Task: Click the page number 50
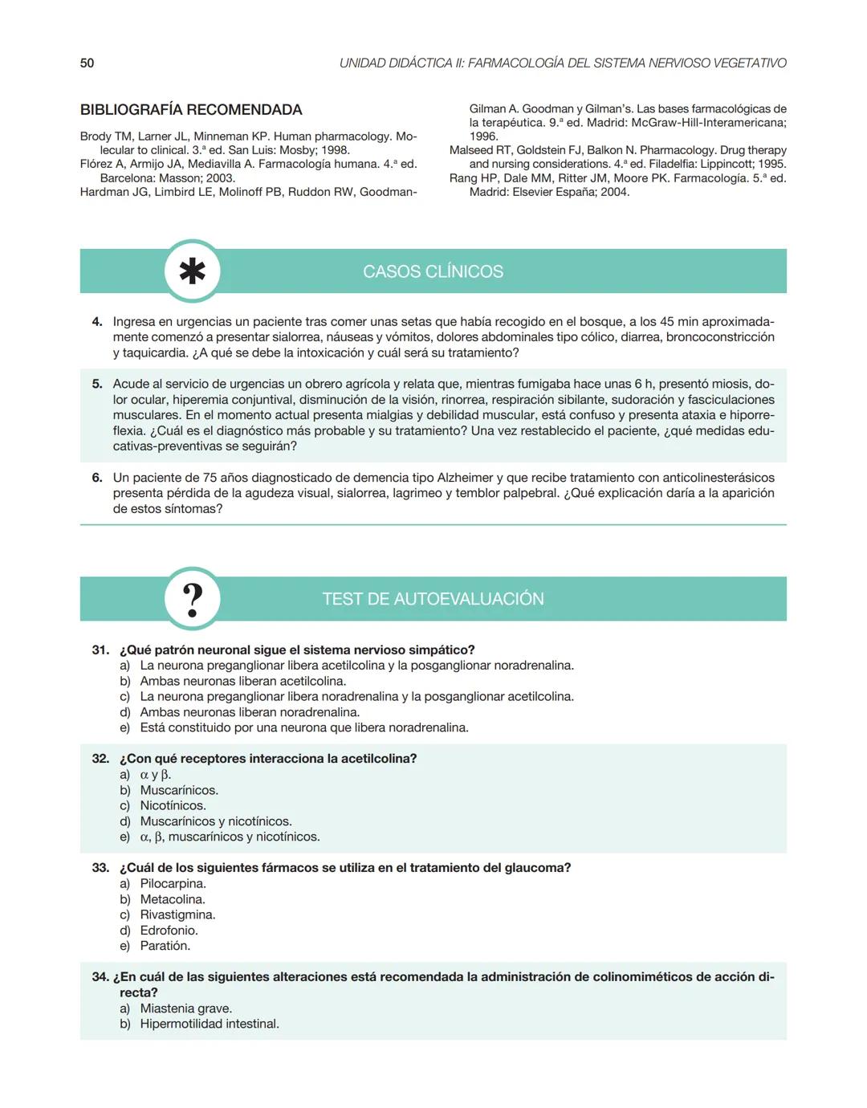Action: pos(87,63)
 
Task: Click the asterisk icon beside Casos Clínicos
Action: pos(192,271)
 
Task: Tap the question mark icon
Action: pos(192,599)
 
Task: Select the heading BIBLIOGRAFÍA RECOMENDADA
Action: pos(191,110)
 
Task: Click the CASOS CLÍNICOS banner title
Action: pos(433,271)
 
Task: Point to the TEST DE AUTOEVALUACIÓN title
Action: pos(433,599)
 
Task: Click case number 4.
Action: pos(97,322)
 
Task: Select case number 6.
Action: pos(97,478)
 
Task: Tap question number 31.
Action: pos(100,650)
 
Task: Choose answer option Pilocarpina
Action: pos(173,883)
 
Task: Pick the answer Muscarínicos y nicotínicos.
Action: pos(215,821)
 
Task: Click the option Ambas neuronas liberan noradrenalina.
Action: pos(249,712)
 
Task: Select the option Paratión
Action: pos(165,946)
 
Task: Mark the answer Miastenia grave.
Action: pos(185,1008)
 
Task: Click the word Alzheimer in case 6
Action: pos(469,478)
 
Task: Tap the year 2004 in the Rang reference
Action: pos(615,192)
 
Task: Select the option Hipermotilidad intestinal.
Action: pos(209,1024)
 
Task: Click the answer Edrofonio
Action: pos(169,930)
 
